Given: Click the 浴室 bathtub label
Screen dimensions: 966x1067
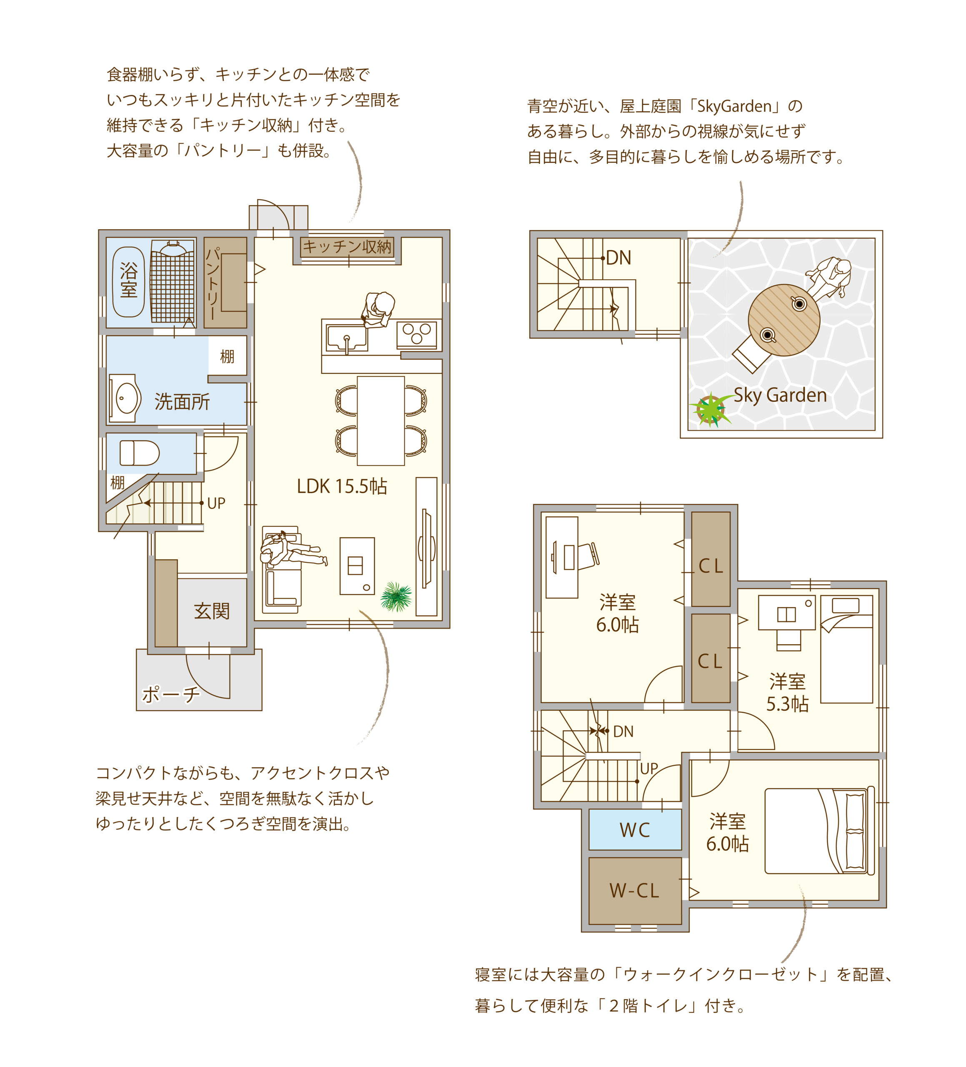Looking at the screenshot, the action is tap(129, 280).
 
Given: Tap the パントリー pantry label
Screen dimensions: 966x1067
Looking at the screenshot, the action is tap(212, 283).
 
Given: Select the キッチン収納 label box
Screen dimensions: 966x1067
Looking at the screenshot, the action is tap(347, 247).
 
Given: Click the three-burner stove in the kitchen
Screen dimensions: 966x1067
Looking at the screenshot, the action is tap(417, 334).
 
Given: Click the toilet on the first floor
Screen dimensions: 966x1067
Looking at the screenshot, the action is tap(140, 453).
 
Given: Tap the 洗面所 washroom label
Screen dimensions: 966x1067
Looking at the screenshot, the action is tap(182, 402).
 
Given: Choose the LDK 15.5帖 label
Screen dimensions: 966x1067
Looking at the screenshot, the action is tap(342, 486).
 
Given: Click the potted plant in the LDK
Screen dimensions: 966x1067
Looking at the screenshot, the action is tap(396, 596).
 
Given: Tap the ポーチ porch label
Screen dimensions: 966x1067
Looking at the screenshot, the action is tap(171, 694).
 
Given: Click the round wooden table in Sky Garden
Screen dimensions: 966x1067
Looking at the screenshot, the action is tap(783, 320).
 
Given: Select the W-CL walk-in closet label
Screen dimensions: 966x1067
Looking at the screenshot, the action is tap(634, 891).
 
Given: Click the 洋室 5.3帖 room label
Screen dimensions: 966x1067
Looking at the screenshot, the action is tap(787, 692).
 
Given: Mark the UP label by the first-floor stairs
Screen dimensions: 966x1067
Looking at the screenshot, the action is tap(216, 503).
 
